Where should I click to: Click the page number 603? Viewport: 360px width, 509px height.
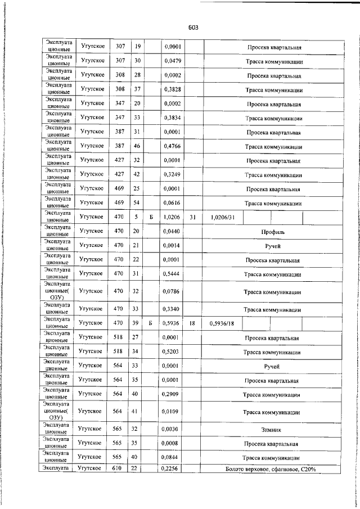click(193, 27)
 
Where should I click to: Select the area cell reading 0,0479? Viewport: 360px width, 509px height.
click(172, 61)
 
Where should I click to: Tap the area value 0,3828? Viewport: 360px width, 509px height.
click(172, 90)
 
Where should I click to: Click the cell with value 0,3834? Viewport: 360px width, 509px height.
click(172, 119)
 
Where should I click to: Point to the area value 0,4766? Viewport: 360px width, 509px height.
click(172, 147)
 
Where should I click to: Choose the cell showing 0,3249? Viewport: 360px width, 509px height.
click(172, 175)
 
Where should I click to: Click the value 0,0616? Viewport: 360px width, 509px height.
click(172, 204)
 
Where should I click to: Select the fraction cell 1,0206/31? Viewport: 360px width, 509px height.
click(222, 217)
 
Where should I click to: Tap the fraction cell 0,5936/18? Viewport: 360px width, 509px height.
click(221, 324)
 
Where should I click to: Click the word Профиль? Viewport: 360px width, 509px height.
click(273, 232)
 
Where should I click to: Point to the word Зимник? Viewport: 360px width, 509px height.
click(272, 430)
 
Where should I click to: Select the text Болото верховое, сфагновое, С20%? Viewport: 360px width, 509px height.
click(272, 469)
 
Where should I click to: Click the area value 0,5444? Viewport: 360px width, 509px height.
click(172, 274)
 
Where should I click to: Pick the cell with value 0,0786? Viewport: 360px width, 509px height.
click(172, 292)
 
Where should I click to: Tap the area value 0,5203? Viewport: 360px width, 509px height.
click(172, 353)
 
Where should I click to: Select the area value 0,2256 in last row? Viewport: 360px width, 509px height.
click(172, 469)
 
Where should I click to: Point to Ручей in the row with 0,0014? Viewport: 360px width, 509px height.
click(273, 246)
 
